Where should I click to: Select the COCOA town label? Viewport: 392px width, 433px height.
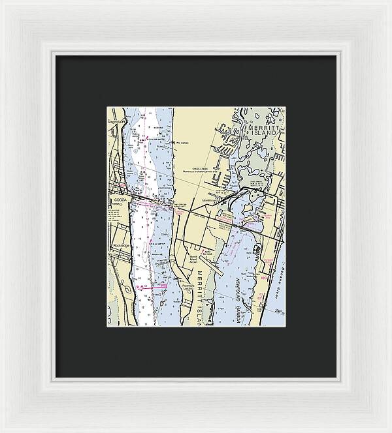(x=121, y=200)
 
